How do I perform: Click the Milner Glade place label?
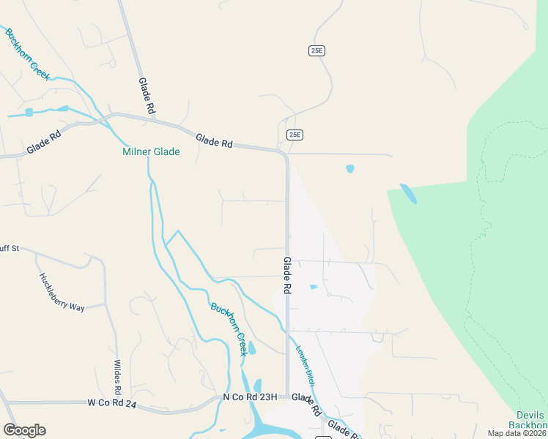click(150, 152)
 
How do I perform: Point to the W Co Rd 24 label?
click(112, 402)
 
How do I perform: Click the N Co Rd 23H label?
click(250, 397)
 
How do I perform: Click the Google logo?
click(24, 430)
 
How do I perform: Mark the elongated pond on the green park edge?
click(408, 194)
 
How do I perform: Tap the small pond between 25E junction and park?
click(349, 169)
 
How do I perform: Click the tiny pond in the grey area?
click(314, 287)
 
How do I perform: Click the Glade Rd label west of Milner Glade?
click(43, 143)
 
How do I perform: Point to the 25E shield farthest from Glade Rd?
click(316, 50)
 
